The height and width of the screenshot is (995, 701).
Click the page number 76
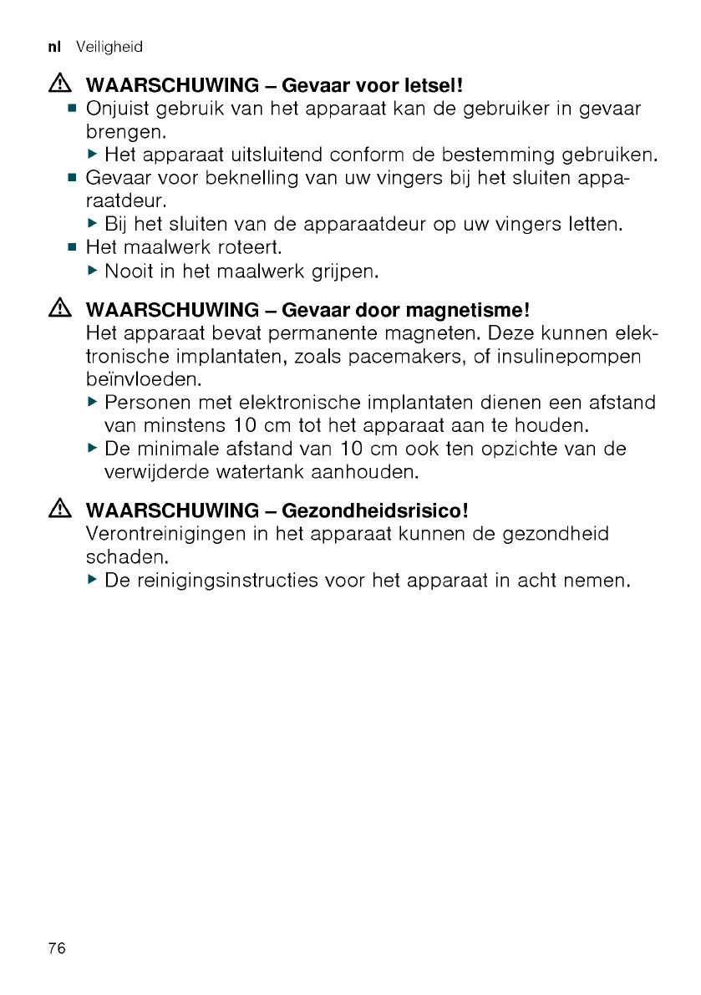coord(57,948)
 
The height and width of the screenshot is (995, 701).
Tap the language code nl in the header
coord(57,48)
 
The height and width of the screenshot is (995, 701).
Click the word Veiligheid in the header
coord(109,48)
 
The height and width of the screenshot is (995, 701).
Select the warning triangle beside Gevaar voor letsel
coord(60,85)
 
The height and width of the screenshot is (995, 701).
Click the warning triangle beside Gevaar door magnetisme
coord(60,310)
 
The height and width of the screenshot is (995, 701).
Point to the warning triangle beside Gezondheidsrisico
coord(60,509)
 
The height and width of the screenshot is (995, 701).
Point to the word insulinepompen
coord(570,357)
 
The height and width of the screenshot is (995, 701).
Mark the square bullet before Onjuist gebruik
coord(73,109)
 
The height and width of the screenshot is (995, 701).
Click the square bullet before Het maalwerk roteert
coord(73,248)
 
